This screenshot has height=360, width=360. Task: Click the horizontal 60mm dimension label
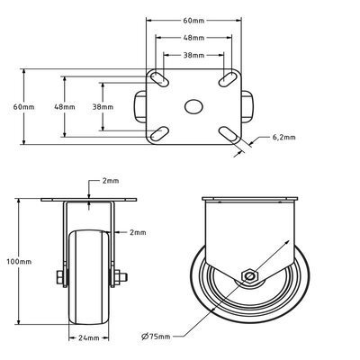pos(193,21)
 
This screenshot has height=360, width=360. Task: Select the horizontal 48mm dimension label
pos(193,38)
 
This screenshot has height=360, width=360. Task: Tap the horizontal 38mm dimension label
pos(193,55)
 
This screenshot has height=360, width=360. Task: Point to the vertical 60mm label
pos(23,107)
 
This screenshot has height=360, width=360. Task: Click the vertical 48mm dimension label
pos(65,107)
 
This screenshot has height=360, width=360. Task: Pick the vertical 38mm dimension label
pos(103,107)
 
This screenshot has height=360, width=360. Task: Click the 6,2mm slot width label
pos(283,138)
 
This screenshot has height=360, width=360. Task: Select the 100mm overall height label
pos(19,262)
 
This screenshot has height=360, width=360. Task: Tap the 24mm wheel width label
pos(89,338)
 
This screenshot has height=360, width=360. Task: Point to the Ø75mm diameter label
pos(156,337)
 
